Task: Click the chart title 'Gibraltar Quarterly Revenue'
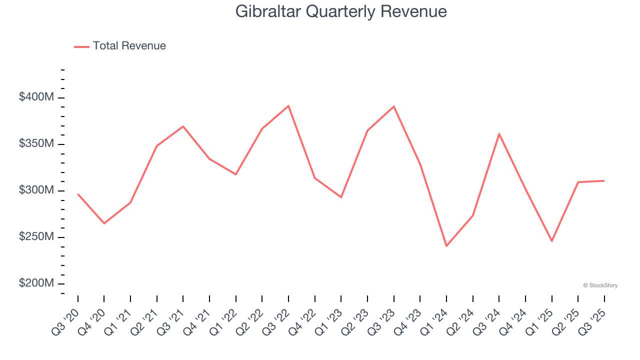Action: [341, 11]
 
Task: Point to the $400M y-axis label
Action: [36, 97]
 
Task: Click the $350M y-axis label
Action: [36, 144]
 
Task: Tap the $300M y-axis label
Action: [36, 190]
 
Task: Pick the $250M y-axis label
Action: [36, 237]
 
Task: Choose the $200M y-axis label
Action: [36, 283]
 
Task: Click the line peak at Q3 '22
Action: [288, 106]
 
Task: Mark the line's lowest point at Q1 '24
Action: [446, 246]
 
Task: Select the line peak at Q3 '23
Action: [394, 106]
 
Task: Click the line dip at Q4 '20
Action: [104, 223]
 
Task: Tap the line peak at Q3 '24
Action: [499, 133]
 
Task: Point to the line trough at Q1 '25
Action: [552, 241]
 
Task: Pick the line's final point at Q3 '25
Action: [604, 180]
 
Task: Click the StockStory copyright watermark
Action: [600, 285]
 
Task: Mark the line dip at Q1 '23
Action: [341, 197]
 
